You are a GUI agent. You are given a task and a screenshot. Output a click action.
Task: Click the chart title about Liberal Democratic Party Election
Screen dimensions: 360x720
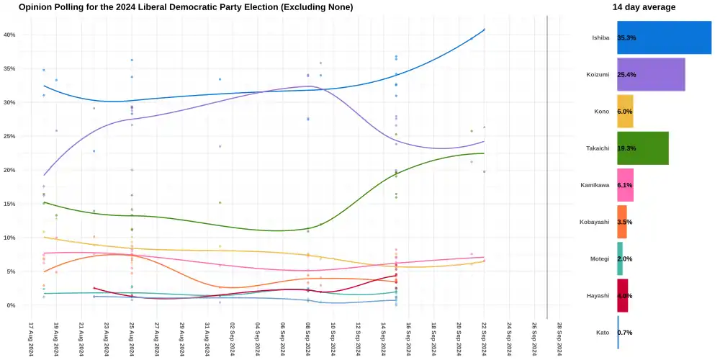pos(186,7)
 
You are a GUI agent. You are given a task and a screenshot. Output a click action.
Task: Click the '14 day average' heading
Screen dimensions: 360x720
pos(644,7)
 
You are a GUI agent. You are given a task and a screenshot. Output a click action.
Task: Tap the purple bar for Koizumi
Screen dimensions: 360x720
pos(651,74)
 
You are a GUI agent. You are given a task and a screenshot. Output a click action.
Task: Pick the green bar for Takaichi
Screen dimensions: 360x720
pos(642,148)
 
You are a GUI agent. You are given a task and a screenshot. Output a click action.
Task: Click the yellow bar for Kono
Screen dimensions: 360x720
pos(625,112)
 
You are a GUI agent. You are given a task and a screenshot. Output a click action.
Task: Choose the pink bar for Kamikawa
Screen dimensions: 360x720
pos(625,185)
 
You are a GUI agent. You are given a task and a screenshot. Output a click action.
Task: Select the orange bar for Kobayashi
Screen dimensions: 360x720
pos(622,222)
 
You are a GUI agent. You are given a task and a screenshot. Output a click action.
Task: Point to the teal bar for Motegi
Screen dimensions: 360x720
pos(620,258)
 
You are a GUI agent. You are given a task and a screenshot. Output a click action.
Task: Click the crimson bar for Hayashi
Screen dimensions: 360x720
pos(623,295)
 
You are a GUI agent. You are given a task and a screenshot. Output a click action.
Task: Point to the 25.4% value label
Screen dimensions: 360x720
pos(626,74)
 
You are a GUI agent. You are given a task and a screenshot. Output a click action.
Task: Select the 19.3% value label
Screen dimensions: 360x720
pos(626,148)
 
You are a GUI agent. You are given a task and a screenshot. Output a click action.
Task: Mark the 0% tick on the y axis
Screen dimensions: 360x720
pos(11,305)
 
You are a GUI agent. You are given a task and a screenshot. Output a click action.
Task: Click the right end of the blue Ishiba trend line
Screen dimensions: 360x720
pos(485,30)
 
